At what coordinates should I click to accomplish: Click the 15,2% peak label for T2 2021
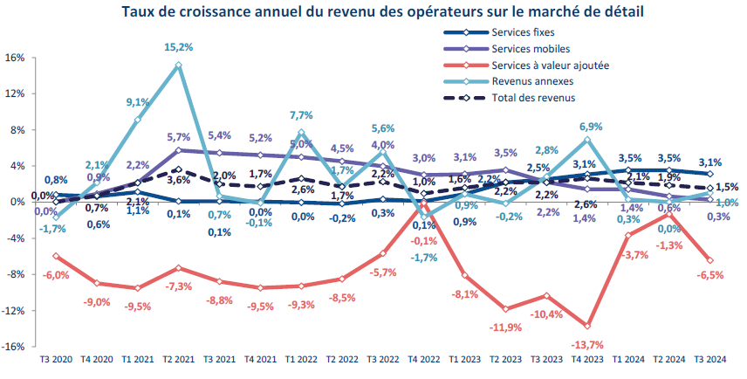178,47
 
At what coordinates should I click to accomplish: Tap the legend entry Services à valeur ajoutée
549,65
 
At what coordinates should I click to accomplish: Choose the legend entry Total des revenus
533,97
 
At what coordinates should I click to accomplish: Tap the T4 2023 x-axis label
587,360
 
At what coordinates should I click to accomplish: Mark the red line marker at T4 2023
587,326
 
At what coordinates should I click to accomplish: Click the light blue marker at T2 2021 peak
178,65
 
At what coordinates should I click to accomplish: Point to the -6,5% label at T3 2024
709,275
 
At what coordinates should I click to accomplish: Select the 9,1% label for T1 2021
137,102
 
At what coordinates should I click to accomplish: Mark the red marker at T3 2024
709,260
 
